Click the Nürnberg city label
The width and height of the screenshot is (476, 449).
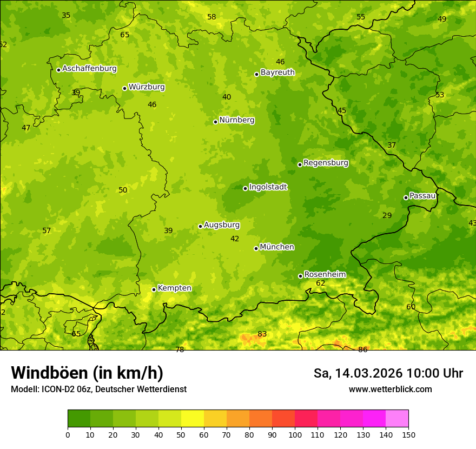pyautogui.click(x=236, y=120)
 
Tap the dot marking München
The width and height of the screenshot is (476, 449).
pyautogui.click(x=256, y=248)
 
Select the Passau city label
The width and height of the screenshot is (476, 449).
pyautogui.click(x=422, y=196)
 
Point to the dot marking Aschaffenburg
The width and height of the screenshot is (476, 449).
pyautogui.click(x=58, y=70)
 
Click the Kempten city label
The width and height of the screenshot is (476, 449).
pyautogui.click(x=174, y=288)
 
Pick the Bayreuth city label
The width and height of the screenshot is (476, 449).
pyautogui.click(x=277, y=72)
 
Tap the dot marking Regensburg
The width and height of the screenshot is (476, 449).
pyautogui.click(x=300, y=164)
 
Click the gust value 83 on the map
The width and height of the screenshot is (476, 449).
pyautogui.click(x=262, y=334)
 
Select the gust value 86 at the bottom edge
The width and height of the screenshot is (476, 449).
pyautogui.click(x=363, y=350)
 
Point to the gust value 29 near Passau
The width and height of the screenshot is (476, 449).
pyautogui.click(x=387, y=216)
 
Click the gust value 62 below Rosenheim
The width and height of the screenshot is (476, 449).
pyautogui.click(x=321, y=283)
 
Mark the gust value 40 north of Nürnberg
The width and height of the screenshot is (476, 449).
pyautogui.click(x=227, y=97)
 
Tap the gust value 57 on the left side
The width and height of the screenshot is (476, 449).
pyautogui.click(x=47, y=231)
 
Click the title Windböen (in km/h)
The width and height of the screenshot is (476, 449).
pyautogui.click(x=87, y=373)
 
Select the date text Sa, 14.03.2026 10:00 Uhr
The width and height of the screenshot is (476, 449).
pyautogui.click(x=388, y=373)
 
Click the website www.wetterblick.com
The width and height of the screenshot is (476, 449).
pyautogui.click(x=390, y=389)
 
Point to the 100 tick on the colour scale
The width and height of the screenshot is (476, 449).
pyautogui.click(x=295, y=434)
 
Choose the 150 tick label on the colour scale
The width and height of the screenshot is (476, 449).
pyautogui.click(x=408, y=434)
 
